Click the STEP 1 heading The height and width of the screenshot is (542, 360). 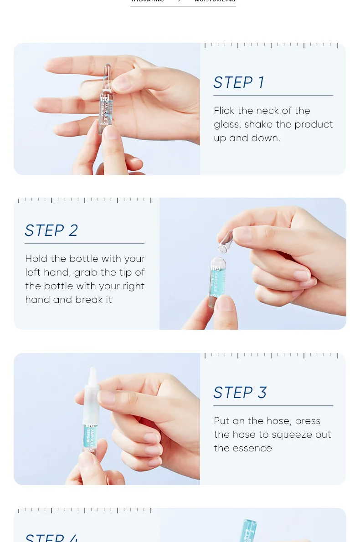pos(239,82)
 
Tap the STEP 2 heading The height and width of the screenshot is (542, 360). pos(51,230)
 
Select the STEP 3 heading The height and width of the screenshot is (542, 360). pos(240,393)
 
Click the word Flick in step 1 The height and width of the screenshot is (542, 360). pos(224,111)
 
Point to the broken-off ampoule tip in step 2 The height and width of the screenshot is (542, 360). pos(224,242)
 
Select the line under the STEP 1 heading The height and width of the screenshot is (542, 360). pos(273,95)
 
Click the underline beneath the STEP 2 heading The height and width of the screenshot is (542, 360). pos(84,243)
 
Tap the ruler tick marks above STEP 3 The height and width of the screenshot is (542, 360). pos(271,355)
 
